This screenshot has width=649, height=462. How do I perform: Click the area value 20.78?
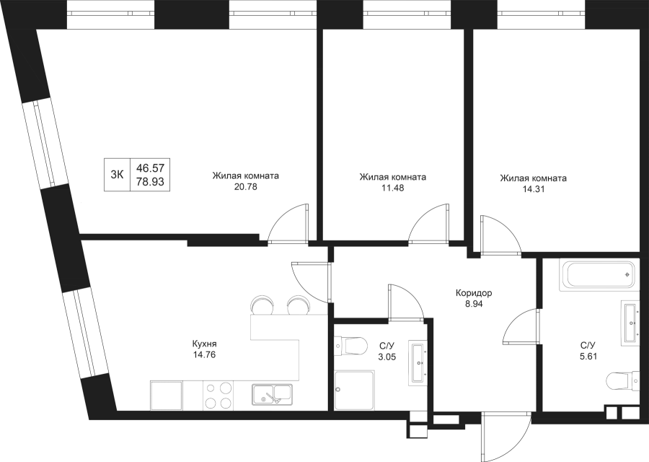pos(246,187)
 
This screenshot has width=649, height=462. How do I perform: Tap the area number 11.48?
pos(392,187)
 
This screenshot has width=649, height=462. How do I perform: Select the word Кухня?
pos(205,344)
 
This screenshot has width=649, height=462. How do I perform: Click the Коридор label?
pos(474,294)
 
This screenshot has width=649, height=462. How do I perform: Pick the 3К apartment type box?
pos(117,173)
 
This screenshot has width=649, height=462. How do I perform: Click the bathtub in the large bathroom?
pos(599,275)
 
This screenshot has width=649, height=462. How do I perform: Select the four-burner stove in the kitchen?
pos(218,396)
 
